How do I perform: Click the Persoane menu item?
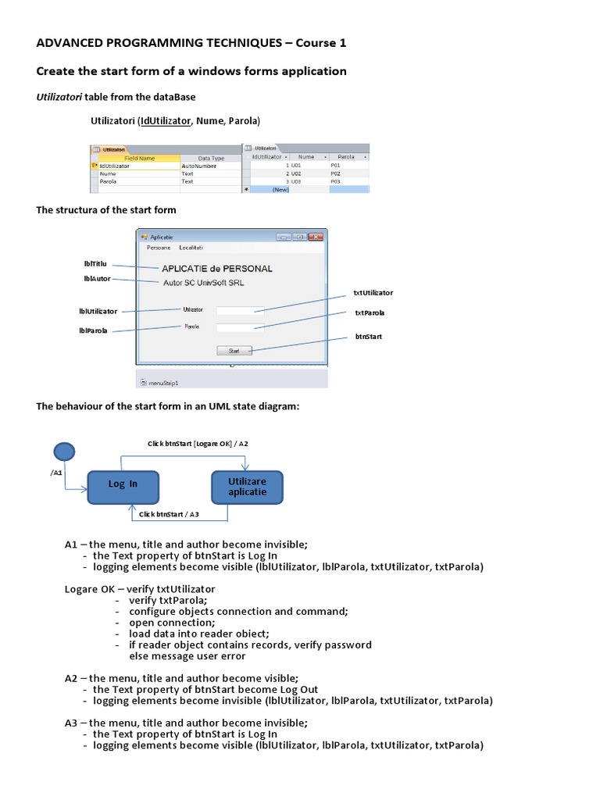click(x=159, y=248)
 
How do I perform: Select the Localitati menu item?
click(x=191, y=248)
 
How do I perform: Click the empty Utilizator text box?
click(x=240, y=310)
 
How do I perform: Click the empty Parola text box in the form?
click(x=240, y=327)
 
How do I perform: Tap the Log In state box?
click(x=123, y=484)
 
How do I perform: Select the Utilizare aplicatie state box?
click(x=247, y=487)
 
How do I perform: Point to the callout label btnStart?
click(x=368, y=336)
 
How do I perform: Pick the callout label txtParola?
click(x=370, y=312)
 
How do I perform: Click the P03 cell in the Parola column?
click(x=336, y=180)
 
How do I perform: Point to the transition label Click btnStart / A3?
click(x=169, y=514)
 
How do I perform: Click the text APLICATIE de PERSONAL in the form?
click(x=217, y=269)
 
